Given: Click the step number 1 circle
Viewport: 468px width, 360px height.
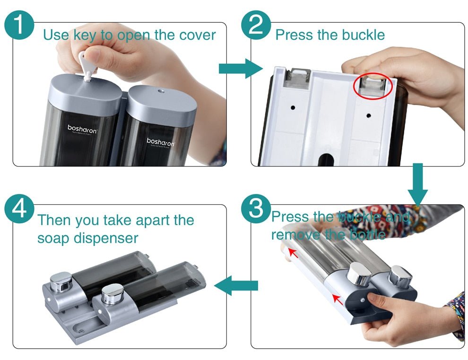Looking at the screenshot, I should [18, 24].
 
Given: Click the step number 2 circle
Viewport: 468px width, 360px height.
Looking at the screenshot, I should [256, 24].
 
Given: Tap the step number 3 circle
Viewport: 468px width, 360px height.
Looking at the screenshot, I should [256, 209].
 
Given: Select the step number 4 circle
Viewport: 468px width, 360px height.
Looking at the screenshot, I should [18, 209].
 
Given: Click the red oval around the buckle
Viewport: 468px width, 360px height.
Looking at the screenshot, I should [373, 86].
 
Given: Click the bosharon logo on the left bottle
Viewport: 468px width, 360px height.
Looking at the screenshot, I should [82, 129].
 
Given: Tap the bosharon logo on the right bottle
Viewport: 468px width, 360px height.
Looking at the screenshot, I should [161, 141].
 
